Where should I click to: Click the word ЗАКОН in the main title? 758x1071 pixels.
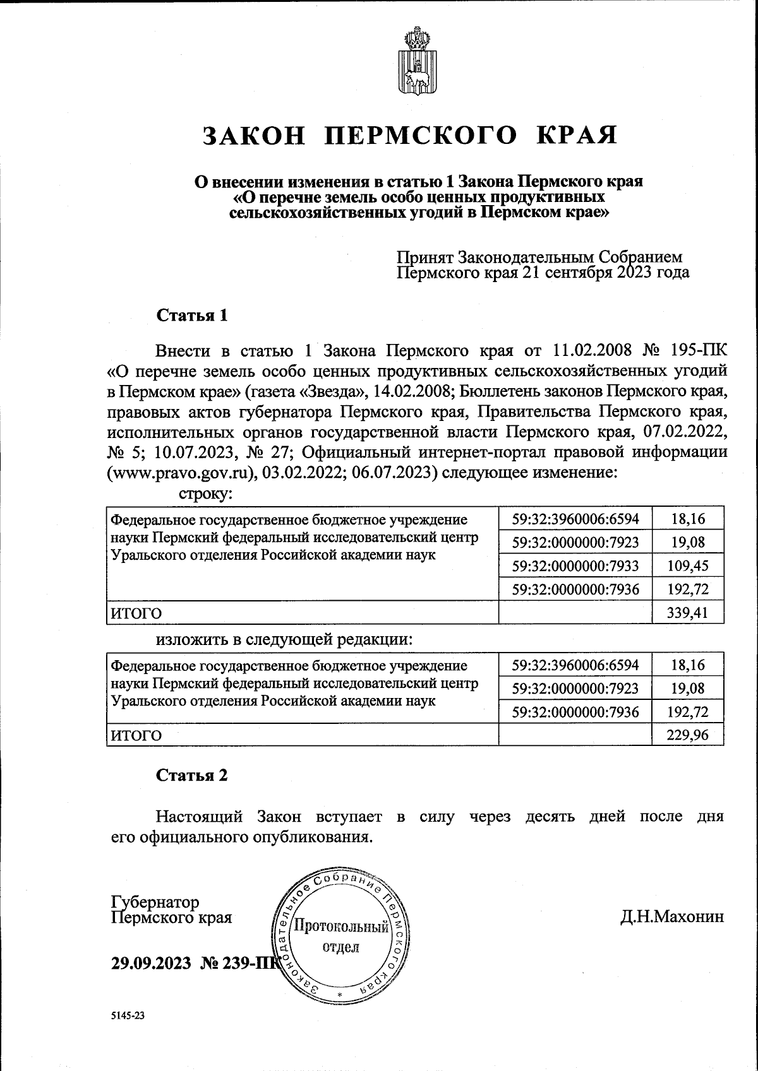pyautogui.click(x=254, y=135)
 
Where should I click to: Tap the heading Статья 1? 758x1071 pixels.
pyautogui.click(x=191, y=315)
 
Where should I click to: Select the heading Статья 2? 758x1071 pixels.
pyautogui.click(x=191, y=775)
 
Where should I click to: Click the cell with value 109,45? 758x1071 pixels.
pyautogui.click(x=688, y=565)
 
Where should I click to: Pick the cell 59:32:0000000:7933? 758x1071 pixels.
pyautogui.click(x=575, y=565)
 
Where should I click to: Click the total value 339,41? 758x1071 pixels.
pyautogui.click(x=688, y=612)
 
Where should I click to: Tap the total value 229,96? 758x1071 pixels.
pyautogui.click(x=688, y=735)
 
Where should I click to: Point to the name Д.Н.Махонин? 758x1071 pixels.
pyautogui.click(x=672, y=916)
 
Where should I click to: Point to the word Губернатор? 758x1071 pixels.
pyautogui.click(x=155, y=902)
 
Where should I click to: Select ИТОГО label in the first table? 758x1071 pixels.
pyautogui.click(x=136, y=613)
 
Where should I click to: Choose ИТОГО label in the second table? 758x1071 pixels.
pyautogui.click(x=136, y=735)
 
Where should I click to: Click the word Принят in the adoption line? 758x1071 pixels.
pyautogui.click(x=424, y=257)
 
